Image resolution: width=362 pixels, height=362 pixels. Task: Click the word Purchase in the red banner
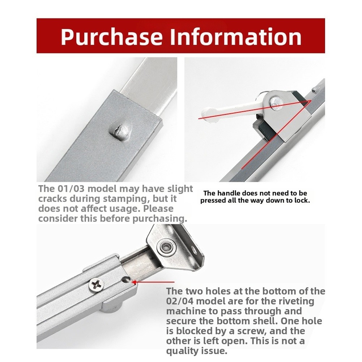[x=112, y=37]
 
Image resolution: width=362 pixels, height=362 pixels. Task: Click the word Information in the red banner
[x=236, y=37]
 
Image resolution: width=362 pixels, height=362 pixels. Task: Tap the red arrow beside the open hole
[x=153, y=282]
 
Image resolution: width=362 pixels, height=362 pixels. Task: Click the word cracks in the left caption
[x=52, y=199]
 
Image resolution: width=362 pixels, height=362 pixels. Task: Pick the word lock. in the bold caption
[x=302, y=200]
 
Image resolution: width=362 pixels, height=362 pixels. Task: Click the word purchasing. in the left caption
[x=160, y=219]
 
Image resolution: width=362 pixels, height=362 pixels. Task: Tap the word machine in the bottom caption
[x=186, y=311]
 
